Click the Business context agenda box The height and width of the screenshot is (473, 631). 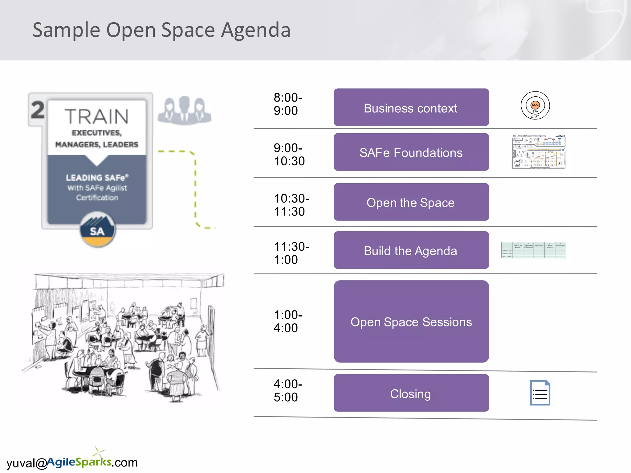click(x=411, y=107)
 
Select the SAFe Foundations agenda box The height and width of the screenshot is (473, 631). click(x=411, y=152)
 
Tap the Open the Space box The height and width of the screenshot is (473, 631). click(x=411, y=202)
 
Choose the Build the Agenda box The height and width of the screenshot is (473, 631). click(x=411, y=250)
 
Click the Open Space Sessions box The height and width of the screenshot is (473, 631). click(x=411, y=321)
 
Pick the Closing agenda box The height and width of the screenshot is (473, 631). click(x=411, y=393)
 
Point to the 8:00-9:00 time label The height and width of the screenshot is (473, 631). click(x=287, y=104)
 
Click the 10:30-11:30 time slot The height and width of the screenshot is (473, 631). click(x=291, y=205)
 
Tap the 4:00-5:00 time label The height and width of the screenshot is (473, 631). click(x=287, y=390)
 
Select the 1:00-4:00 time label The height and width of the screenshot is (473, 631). click(x=287, y=321)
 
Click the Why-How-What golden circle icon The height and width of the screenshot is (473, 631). click(x=535, y=106)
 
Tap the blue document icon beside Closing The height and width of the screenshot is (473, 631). click(x=540, y=393)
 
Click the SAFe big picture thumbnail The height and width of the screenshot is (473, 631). click(x=539, y=152)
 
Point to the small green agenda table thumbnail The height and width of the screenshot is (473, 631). click(x=533, y=250)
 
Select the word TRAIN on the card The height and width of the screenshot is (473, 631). click(x=97, y=116)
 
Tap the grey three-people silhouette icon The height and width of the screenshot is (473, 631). click(x=184, y=111)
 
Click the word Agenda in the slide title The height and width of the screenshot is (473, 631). click(x=256, y=30)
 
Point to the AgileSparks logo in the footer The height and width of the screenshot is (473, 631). click(x=79, y=461)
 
